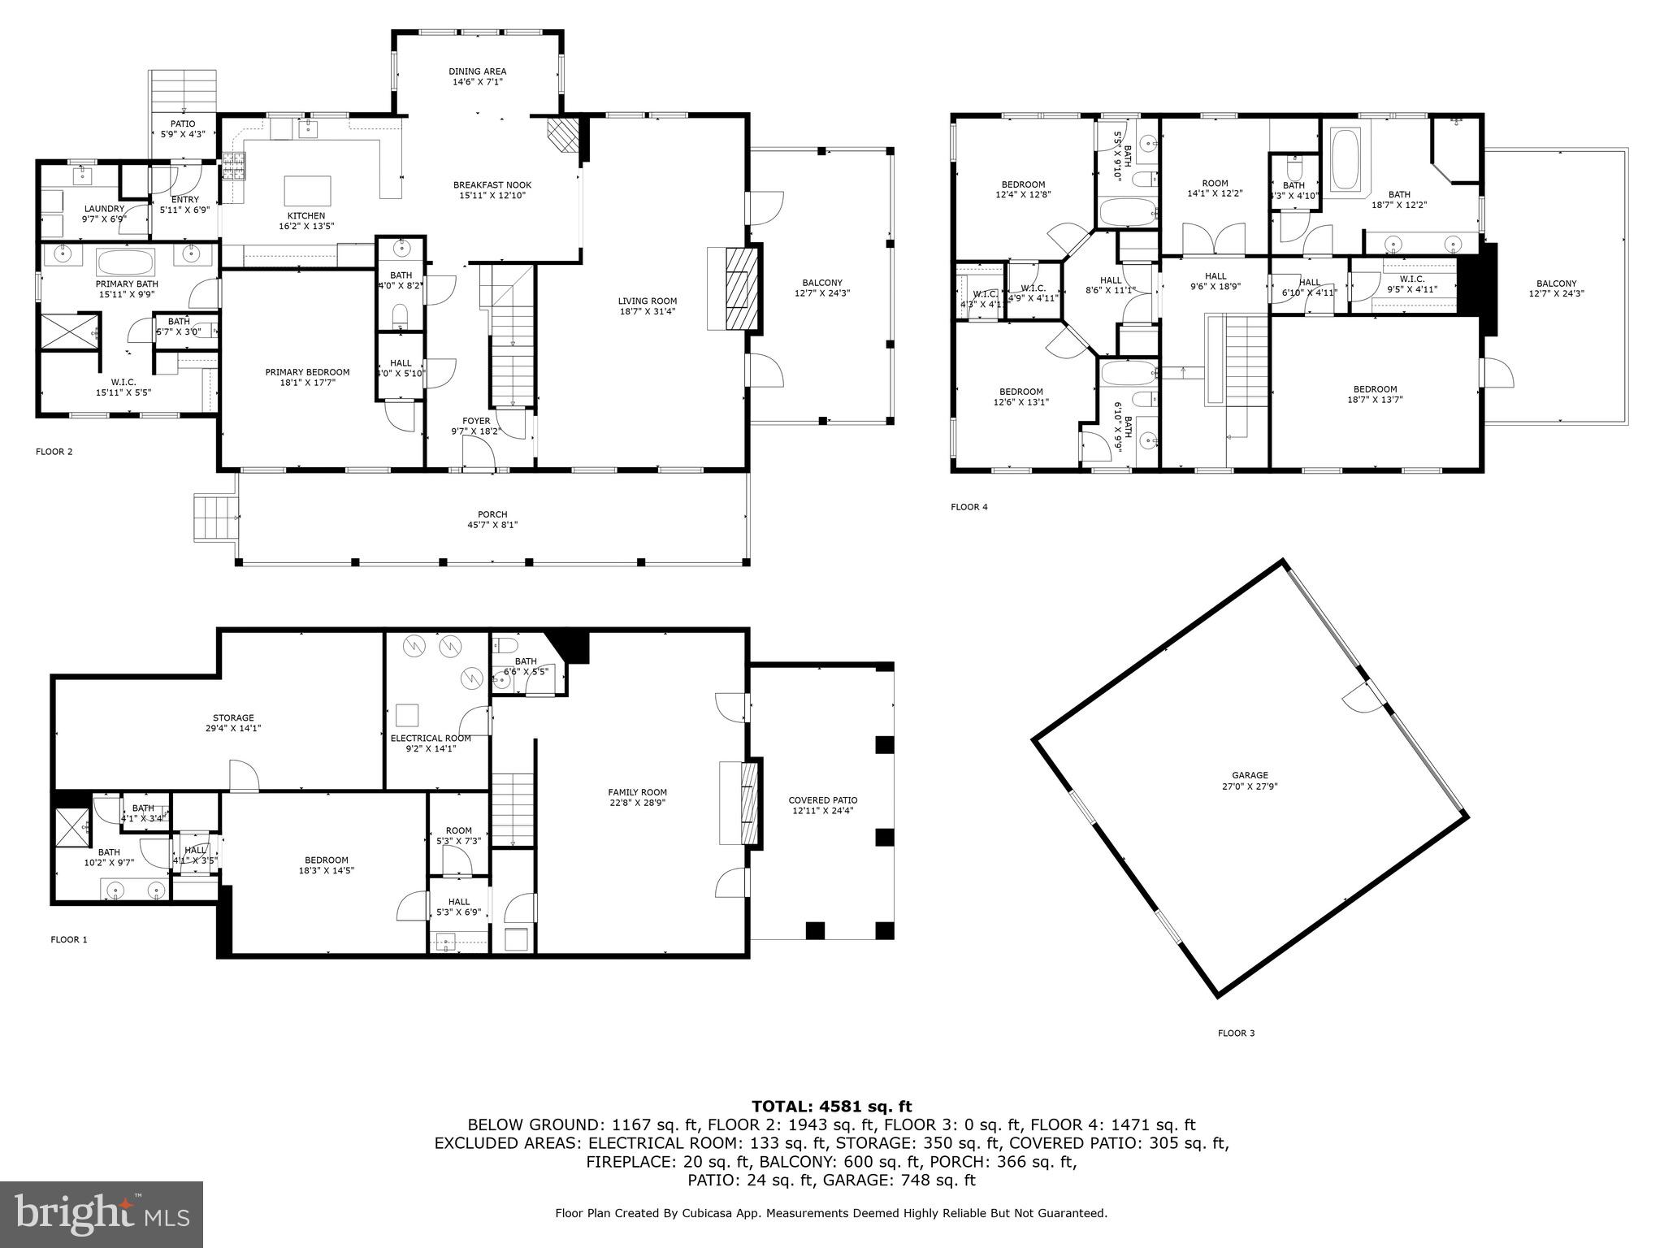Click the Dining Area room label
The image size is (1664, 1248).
pos(477,71)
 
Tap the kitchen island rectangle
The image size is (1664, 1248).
pos(307,192)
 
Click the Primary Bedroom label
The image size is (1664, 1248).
pos(307,372)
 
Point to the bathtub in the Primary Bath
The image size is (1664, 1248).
pos(125,262)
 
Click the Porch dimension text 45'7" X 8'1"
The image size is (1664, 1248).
pos(492,525)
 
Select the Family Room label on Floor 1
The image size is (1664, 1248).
pos(637,792)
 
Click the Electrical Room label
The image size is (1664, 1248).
pos(430,739)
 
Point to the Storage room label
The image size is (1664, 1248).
pos(233,717)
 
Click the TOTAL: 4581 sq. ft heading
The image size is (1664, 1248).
pos(831,1107)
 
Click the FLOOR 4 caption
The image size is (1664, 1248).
pos(968,507)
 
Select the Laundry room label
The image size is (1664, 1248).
pos(104,209)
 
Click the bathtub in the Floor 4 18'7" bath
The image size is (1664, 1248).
pos(1346,160)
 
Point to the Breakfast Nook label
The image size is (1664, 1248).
pos(492,185)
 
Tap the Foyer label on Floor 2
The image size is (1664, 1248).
pos(476,421)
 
